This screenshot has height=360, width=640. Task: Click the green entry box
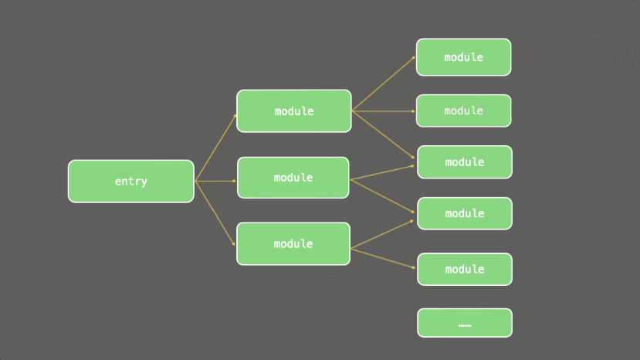point(131,181)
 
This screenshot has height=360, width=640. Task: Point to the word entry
point(131,181)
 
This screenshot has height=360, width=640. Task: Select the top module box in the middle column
point(294,110)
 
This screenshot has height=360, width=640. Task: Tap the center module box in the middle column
point(293,178)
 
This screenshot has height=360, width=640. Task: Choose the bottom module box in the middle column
point(293,244)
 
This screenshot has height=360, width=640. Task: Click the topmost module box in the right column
point(464,57)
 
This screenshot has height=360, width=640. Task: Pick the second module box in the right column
point(464,110)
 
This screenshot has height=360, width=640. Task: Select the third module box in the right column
point(465,162)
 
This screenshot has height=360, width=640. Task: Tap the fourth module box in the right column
point(465,213)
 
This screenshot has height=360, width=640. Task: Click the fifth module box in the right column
point(465,270)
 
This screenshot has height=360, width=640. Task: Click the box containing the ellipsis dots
point(465,323)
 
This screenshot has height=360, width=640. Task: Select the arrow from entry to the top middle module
point(216,148)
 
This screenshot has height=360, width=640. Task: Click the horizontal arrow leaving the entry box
point(215,181)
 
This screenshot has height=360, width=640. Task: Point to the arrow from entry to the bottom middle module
point(215,213)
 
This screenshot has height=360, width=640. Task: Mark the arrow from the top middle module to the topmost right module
point(383,83)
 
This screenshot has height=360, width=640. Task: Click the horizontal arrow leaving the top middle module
point(383,111)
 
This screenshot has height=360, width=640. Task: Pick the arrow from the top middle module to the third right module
point(383,135)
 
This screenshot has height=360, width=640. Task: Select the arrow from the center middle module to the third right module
point(382,172)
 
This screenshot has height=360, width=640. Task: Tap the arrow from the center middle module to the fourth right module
point(382,196)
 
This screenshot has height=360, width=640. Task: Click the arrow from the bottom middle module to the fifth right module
point(383,258)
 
